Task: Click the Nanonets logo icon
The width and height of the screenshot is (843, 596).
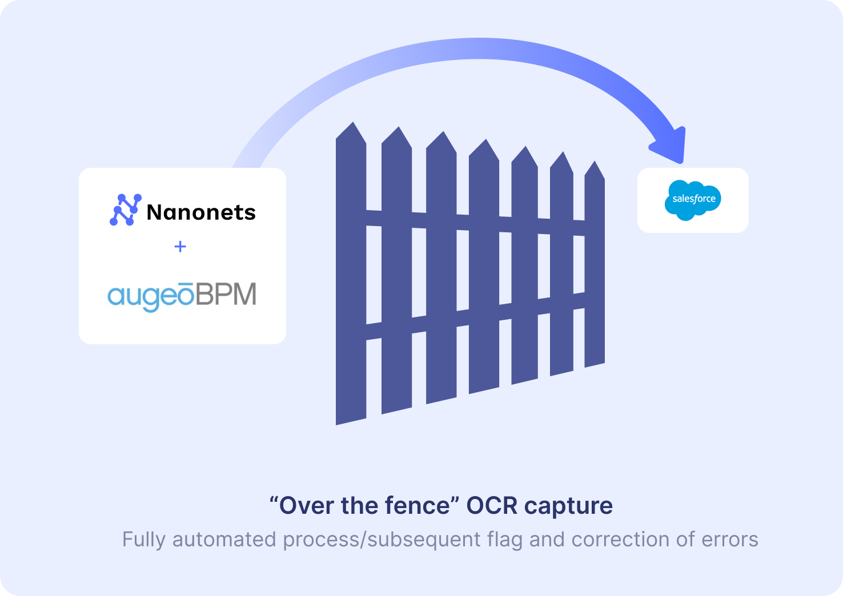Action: [125, 210]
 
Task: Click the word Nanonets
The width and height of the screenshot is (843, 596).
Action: [201, 212]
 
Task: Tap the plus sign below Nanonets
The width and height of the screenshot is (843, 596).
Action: [180, 247]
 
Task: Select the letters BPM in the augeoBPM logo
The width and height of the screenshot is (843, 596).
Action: [227, 295]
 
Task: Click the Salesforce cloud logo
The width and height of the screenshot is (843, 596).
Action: [693, 200]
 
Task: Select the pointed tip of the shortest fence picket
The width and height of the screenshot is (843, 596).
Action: [595, 164]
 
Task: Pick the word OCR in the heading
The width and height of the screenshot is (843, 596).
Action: [492, 506]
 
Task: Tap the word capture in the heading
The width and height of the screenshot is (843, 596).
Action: [568, 506]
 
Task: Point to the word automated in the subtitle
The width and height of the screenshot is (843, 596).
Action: [224, 539]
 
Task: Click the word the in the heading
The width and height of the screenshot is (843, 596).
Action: [362, 506]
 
